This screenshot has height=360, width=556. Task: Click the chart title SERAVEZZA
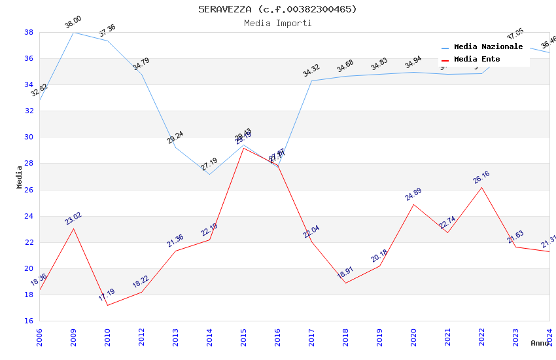(277, 9)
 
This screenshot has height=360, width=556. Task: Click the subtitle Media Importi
(277, 23)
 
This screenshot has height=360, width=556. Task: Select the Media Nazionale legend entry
(488, 47)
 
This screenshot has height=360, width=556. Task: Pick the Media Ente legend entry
(477, 60)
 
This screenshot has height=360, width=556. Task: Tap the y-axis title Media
(19, 177)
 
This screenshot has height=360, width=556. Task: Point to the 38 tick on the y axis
(29, 32)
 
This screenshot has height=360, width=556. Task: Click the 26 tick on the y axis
(29, 190)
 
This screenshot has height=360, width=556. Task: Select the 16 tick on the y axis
(29, 321)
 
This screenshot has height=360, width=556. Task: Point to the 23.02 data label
(73, 219)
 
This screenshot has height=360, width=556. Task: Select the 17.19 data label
(107, 295)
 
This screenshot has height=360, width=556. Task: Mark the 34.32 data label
(311, 71)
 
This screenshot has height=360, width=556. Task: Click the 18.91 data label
(345, 273)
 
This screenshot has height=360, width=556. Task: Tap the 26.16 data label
(481, 177)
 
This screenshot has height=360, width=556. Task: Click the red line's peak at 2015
(243, 148)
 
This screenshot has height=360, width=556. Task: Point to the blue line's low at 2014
(209, 174)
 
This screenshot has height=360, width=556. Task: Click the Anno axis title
(540, 343)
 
